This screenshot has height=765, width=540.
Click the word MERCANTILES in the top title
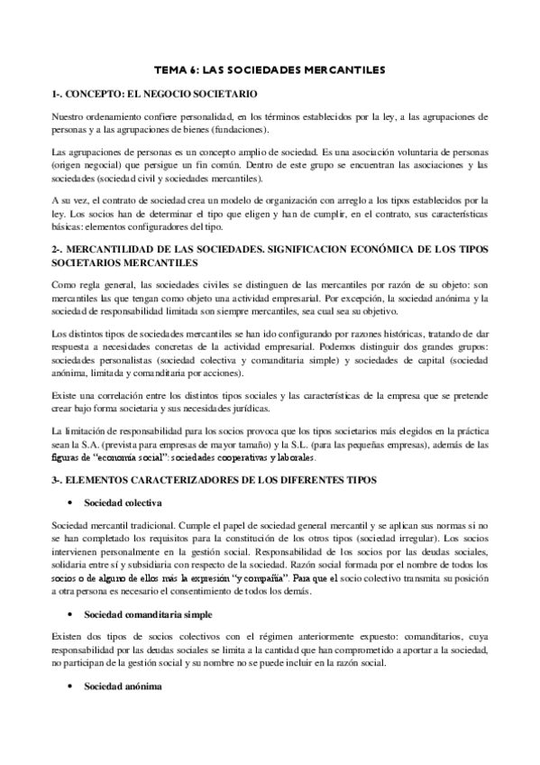tap(343, 69)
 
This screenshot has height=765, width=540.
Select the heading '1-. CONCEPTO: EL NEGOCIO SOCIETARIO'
tap(155, 94)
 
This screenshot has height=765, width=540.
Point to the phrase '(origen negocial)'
tap(87, 166)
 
